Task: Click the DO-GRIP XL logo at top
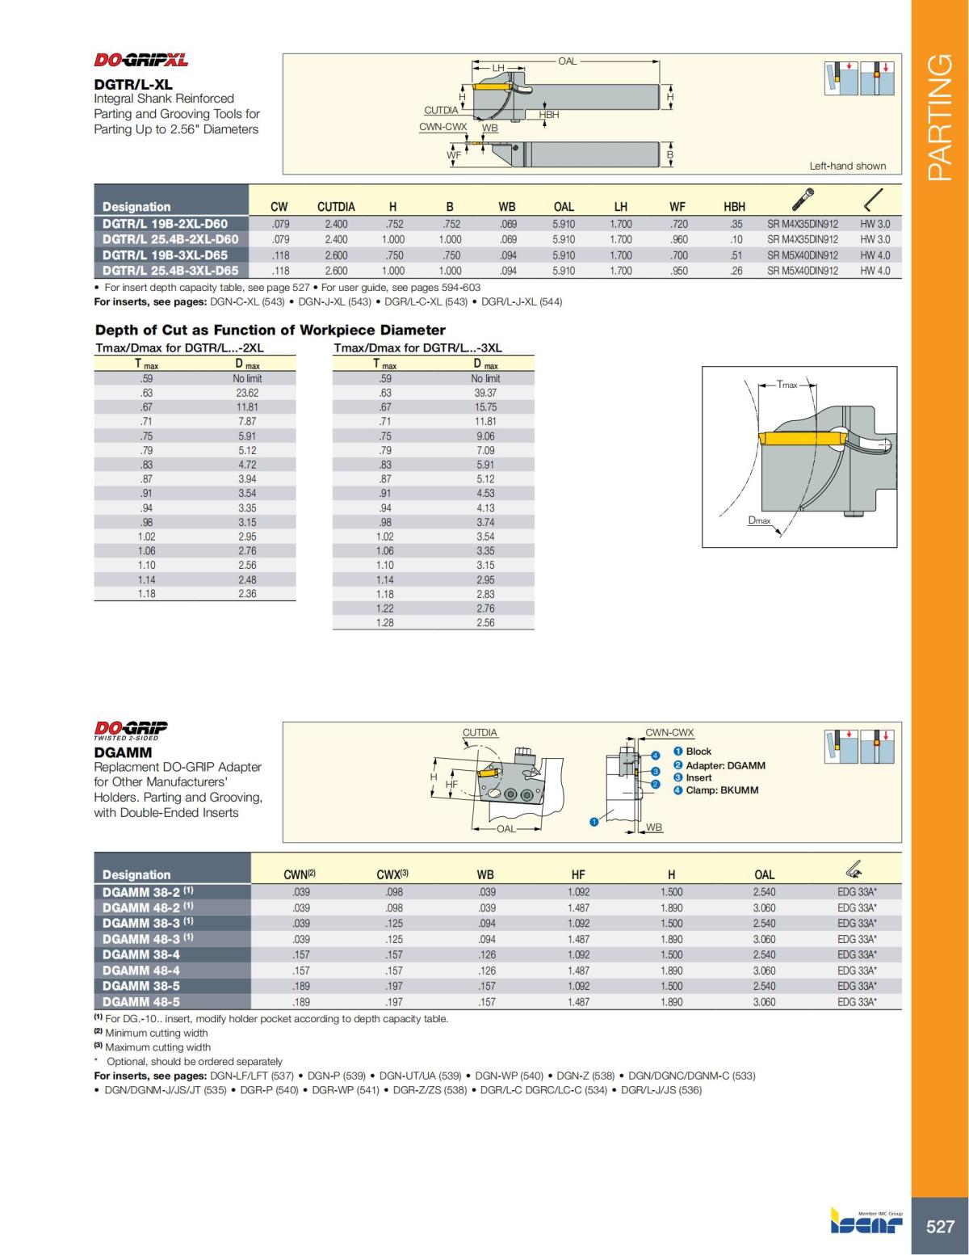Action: (x=141, y=60)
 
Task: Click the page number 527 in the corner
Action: (x=940, y=1227)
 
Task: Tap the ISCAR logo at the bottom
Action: (x=866, y=1222)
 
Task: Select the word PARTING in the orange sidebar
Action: (x=940, y=117)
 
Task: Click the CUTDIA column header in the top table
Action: (x=336, y=207)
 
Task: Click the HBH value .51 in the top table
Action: (x=736, y=255)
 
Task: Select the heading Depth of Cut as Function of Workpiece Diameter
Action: (x=270, y=330)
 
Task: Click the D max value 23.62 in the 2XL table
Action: (x=247, y=393)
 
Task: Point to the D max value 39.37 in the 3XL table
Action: (x=485, y=393)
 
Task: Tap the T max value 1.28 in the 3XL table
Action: (x=385, y=622)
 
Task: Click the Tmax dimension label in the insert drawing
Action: (x=787, y=385)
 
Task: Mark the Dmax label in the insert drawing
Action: (x=759, y=520)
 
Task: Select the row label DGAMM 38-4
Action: (x=141, y=954)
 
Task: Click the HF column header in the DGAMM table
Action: (x=578, y=874)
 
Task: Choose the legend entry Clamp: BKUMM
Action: (x=722, y=790)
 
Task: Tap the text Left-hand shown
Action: (x=847, y=166)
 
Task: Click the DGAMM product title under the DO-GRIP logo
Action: (x=123, y=752)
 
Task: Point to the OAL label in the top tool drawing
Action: (x=567, y=61)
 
